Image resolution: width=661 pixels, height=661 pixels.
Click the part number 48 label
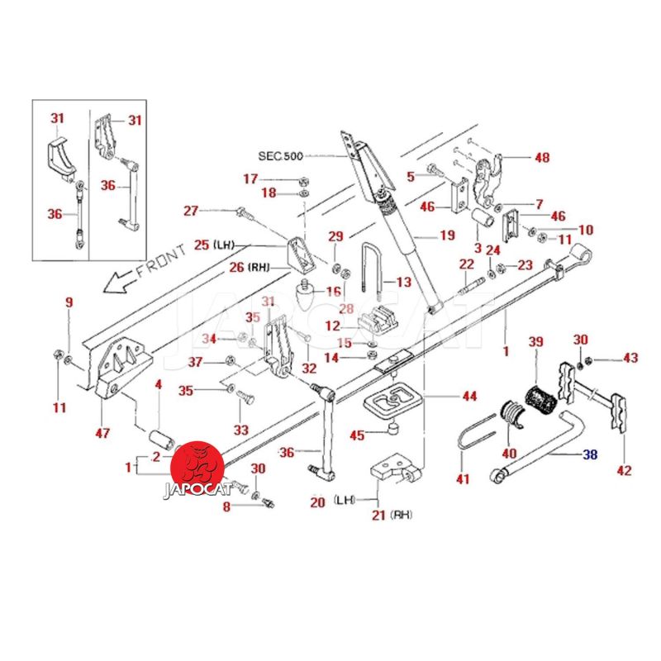tap(542, 157)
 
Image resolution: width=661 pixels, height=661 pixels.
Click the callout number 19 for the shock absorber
tap(447, 235)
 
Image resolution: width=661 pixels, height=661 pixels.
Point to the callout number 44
tap(469, 397)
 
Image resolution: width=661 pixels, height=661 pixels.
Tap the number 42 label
tap(624, 471)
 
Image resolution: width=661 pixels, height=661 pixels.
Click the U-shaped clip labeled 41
tap(468, 441)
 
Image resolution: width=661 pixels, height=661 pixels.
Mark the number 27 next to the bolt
tap(191, 211)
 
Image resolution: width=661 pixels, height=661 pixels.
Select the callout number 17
tap(250, 178)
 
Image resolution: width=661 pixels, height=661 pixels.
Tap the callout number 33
tap(241, 430)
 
